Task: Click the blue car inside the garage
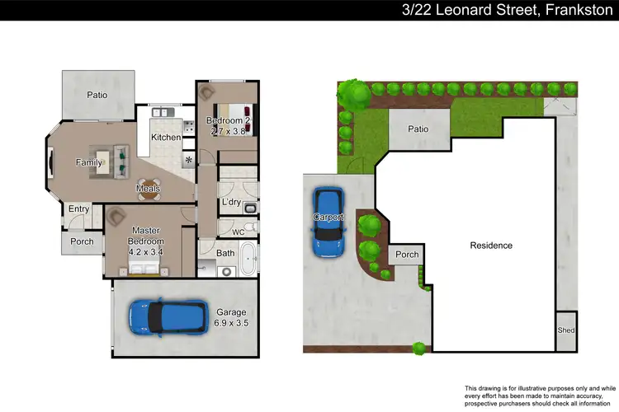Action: (x=168, y=316)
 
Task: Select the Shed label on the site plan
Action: (x=566, y=330)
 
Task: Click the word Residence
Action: (x=491, y=246)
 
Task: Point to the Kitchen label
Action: (x=166, y=137)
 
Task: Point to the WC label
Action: (x=239, y=232)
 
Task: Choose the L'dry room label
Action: (x=231, y=202)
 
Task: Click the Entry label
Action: (x=79, y=209)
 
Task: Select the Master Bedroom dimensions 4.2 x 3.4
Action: (x=146, y=250)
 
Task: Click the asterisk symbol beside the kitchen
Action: (x=189, y=160)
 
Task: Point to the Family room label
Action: (x=89, y=162)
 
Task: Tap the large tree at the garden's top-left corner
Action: (x=357, y=94)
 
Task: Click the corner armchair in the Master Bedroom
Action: (x=114, y=217)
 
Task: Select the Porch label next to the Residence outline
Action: (x=407, y=255)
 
